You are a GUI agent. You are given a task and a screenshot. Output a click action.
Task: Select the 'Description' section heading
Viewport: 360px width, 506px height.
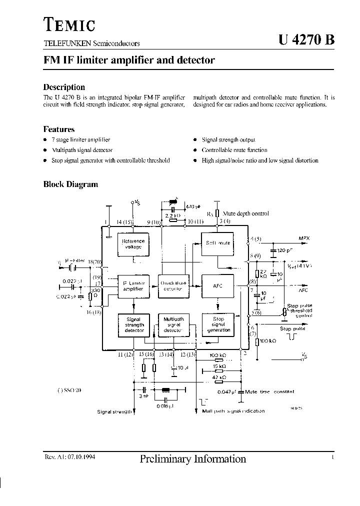point(64,87)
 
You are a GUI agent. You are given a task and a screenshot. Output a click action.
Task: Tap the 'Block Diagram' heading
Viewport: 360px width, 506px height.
point(70,184)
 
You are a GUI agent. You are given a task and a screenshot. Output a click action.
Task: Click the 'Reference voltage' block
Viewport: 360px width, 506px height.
point(133,244)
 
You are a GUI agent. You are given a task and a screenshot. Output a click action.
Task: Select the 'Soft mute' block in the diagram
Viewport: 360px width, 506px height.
point(218,243)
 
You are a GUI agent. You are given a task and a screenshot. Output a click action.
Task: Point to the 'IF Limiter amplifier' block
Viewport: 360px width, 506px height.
point(133,286)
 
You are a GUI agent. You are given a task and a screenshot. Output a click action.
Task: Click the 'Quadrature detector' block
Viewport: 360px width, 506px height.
point(173,286)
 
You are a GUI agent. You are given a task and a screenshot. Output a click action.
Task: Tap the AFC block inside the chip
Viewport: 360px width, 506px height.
point(217,286)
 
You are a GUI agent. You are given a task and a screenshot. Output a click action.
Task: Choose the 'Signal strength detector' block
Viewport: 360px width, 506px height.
point(133,324)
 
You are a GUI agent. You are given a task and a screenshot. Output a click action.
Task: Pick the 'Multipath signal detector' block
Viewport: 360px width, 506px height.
point(173,324)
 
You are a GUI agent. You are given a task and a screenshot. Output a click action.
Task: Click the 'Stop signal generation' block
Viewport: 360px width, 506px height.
point(218,324)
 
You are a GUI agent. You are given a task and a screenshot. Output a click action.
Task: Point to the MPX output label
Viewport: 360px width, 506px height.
point(304,239)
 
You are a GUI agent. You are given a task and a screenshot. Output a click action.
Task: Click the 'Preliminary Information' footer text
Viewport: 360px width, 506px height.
point(193,459)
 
